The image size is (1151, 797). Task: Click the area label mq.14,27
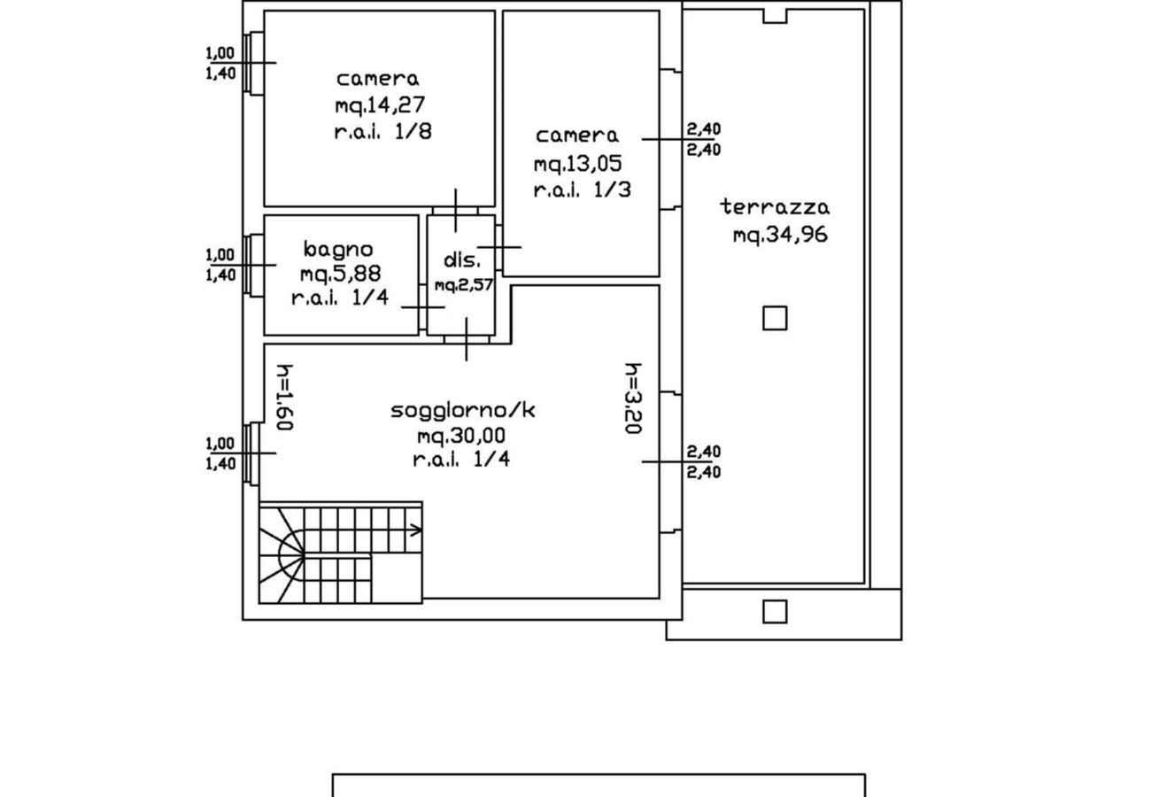380,105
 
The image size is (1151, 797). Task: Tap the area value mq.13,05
577,164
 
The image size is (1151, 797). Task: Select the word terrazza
775,207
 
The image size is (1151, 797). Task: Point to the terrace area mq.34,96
780,235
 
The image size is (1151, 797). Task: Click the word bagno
337,249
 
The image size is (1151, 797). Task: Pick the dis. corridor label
462,260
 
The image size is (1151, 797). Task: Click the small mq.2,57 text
463,285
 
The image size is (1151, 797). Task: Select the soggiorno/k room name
462,410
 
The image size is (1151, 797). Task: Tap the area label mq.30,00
461,436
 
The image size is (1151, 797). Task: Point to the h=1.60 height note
284,398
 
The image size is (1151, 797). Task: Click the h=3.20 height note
632,398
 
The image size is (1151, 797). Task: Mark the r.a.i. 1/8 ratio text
382,132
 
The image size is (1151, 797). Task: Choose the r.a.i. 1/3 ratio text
582,190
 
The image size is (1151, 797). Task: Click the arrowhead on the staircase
415,530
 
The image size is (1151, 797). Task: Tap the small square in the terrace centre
775,318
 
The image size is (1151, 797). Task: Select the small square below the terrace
775,611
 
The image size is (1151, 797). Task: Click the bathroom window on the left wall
253,265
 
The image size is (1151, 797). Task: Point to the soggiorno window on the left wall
253,453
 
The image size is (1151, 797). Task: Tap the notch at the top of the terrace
775,15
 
